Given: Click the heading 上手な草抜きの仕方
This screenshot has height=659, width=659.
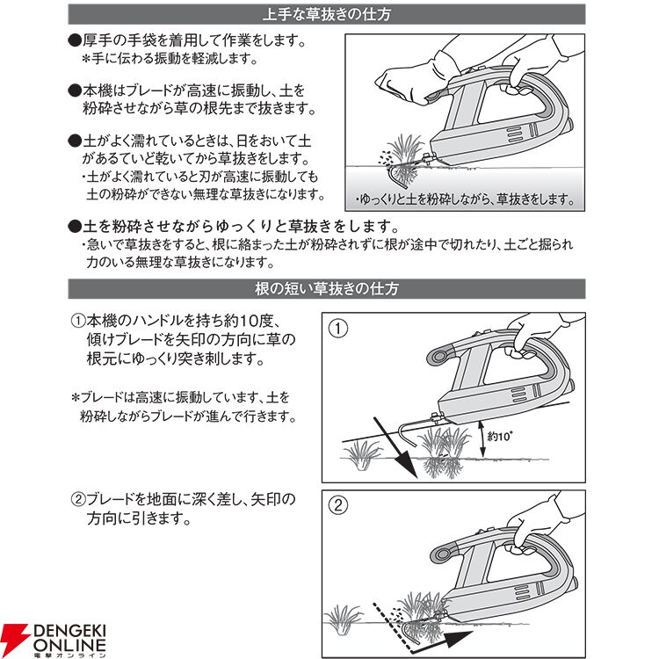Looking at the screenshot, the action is [327, 14].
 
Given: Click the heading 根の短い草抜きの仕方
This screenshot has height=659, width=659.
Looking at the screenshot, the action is [327, 289].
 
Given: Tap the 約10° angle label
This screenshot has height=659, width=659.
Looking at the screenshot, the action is [499, 436].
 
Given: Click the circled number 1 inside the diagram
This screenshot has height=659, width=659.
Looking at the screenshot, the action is [338, 329].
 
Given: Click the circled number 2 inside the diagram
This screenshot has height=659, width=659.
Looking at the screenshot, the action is [338, 505].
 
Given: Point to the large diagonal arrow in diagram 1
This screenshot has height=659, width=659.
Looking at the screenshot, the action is [395, 447].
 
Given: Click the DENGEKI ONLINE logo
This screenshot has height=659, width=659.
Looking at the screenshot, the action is [54, 641].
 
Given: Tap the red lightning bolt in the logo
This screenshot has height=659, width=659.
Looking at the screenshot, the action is [15, 640].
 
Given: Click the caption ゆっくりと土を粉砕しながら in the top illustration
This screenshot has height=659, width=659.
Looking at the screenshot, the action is [424, 199].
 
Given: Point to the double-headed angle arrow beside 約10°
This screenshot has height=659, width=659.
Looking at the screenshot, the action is [483, 439].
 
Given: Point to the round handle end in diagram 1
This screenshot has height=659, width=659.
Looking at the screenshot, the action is [439, 357].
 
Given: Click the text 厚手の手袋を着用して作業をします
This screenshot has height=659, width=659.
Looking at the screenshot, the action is [194, 40].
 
